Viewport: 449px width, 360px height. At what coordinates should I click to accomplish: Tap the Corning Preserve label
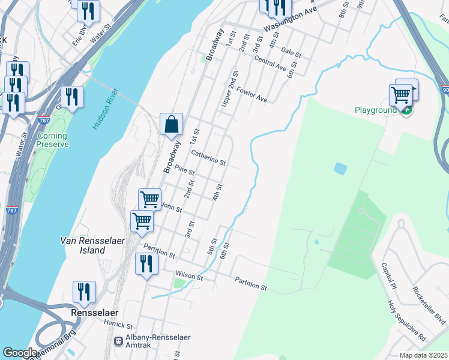pyautogui.click(x=52, y=140)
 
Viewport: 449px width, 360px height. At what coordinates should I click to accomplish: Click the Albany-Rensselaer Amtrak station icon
pyautogui.click(x=119, y=341)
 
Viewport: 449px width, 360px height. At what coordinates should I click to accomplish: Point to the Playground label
pyautogui.click(x=375, y=110)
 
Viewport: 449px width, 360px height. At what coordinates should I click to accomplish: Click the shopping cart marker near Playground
pyautogui.click(x=400, y=95)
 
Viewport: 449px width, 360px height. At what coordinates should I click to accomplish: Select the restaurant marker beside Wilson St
pyautogui.click(x=146, y=263)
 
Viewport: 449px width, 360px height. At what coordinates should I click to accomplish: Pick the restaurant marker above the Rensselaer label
pyautogui.click(x=84, y=292)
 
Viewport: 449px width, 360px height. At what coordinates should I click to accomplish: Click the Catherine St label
pyautogui.click(x=208, y=158)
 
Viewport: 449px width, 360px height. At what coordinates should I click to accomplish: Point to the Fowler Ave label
pyautogui.click(x=252, y=94)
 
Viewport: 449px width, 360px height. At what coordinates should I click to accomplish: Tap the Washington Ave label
pyautogui.click(x=290, y=19)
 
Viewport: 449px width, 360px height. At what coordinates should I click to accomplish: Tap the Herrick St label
pyautogui.click(x=117, y=325)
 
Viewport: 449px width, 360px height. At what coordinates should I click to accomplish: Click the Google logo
pyautogui.click(x=20, y=353)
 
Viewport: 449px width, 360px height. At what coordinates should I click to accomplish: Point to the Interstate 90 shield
pyautogui.click(x=445, y=90)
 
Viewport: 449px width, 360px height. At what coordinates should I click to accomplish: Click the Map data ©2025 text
pyautogui.click(x=423, y=355)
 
